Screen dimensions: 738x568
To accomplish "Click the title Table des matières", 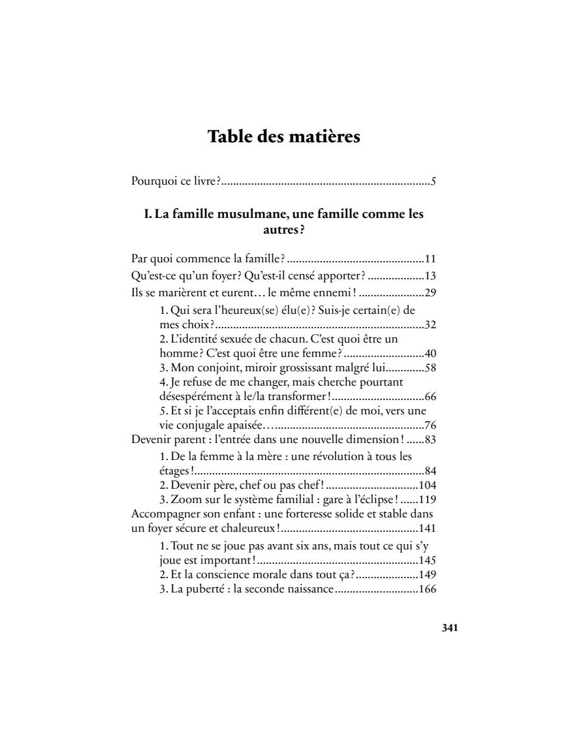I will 283,138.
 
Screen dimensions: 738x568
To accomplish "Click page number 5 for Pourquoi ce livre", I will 433,181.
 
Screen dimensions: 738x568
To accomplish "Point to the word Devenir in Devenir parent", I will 151,438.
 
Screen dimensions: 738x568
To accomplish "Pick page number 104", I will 427,485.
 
